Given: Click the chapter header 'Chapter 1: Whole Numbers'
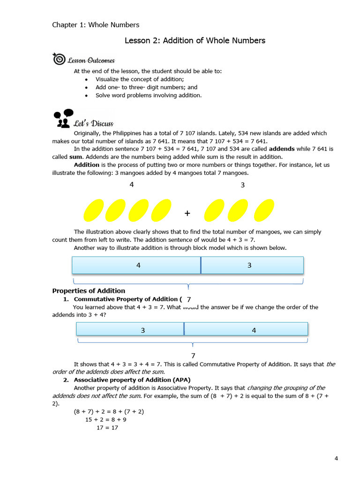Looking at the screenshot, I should tap(96, 25).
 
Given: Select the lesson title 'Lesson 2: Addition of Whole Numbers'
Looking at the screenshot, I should tap(195, 41).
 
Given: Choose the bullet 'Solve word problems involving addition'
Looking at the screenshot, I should tap(149, 95).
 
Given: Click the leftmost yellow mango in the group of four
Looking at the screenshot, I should tap(93, 210).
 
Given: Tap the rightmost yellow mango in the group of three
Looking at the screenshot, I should tap(264, 210).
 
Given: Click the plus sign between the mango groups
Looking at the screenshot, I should tap(187, 213).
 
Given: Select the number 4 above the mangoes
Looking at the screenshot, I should tap(132, 185).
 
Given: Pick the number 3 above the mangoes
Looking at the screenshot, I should tap(243, 185).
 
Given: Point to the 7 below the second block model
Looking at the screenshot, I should tap(193, 356).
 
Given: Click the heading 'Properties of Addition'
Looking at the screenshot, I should tap(89, 291).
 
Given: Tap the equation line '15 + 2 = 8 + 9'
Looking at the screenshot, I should tap(109, 420).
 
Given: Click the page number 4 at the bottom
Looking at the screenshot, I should tap(336, 458).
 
